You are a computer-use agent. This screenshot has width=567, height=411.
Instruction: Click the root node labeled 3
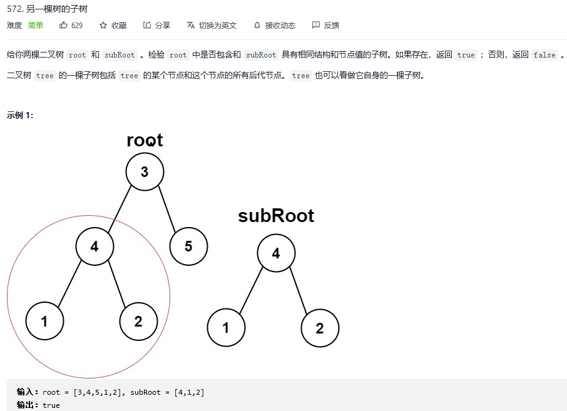tap(145, 171)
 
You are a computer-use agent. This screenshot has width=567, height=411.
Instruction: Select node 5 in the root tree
tap(188, 246)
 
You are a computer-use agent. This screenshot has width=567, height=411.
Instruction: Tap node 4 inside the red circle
tap(94, 246)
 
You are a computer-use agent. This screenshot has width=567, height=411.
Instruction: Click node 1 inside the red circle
tap(44, 321)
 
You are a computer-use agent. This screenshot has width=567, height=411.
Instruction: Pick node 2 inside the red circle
tap(138, 321)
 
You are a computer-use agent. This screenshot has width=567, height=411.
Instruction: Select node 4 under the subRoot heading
tap(276, 253)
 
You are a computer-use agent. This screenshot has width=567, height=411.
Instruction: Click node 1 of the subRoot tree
tap(226, 327)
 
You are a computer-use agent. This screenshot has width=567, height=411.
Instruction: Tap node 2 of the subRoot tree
tap(320, 327)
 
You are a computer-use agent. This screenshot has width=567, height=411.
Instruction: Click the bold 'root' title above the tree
tap(145, 140)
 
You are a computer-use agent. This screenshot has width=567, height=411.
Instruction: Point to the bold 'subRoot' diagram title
tap(276, 216)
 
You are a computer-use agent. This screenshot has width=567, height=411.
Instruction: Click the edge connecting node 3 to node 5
tap(166, 208)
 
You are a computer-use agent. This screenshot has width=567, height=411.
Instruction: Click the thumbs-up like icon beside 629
tap(63, 26)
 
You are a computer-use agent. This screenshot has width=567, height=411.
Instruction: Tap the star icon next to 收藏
tap(103, 26)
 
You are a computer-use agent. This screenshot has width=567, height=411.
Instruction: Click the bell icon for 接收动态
tap(257, 26)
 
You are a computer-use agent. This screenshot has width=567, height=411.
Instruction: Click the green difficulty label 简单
tap(36, 26)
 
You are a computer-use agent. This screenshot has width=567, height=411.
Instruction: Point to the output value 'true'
tap(51, 405)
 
